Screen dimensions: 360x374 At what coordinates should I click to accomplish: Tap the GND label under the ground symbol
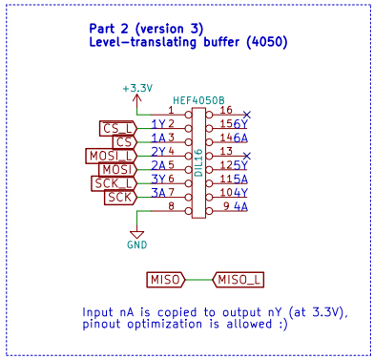click(137, 244)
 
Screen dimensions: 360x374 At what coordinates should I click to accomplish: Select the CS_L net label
click(119, 128)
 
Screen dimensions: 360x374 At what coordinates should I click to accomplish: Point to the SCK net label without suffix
click(120, 197)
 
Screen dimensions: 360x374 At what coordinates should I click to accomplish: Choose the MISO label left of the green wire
click(165, 280)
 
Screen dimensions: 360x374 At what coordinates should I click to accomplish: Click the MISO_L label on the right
click(239, 280)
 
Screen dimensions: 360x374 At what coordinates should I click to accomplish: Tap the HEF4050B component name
click(198, 99)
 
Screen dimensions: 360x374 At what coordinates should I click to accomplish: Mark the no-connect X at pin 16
click(247, 113)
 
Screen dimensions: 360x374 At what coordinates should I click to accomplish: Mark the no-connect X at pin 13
click(247, 155)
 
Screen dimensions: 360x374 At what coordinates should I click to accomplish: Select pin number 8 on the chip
click(171, 206)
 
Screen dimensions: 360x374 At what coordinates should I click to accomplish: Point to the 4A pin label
click(240, 206)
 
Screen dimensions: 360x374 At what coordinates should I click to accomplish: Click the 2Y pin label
click(158, 151)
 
